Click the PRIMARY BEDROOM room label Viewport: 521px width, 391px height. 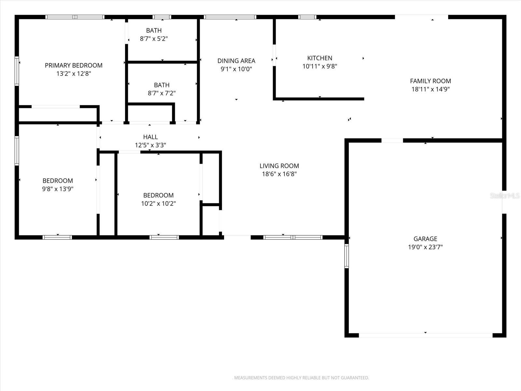pos(74,65)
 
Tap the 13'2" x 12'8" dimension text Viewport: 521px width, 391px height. pos(74,74)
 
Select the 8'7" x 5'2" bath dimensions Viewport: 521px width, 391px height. pos(154,39)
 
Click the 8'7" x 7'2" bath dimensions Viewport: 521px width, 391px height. pos(162,93)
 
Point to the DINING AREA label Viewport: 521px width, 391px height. pos(236,61)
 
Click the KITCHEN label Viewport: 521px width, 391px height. pos(319,58)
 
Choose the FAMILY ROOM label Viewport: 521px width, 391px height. pos(430,81)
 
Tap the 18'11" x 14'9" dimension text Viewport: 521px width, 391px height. pos(430,89)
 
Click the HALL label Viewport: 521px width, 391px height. pos(150,137)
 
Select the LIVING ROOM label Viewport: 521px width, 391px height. pos(279,166)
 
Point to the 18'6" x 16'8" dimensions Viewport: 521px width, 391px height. pos(279,174)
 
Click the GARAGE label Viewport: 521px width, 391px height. pos(425,239)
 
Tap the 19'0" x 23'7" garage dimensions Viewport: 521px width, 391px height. pos(425,247)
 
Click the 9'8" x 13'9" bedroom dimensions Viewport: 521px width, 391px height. pos(58,189)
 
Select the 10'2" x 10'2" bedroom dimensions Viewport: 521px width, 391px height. pos(158,204)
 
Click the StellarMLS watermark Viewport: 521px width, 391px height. pos(504,195)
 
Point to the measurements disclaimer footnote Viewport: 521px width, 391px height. pos(302,378)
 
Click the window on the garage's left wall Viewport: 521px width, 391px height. pos(346,256)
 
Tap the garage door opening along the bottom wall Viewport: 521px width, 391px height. pos(425,335)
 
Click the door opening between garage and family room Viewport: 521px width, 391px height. pos(392,140)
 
